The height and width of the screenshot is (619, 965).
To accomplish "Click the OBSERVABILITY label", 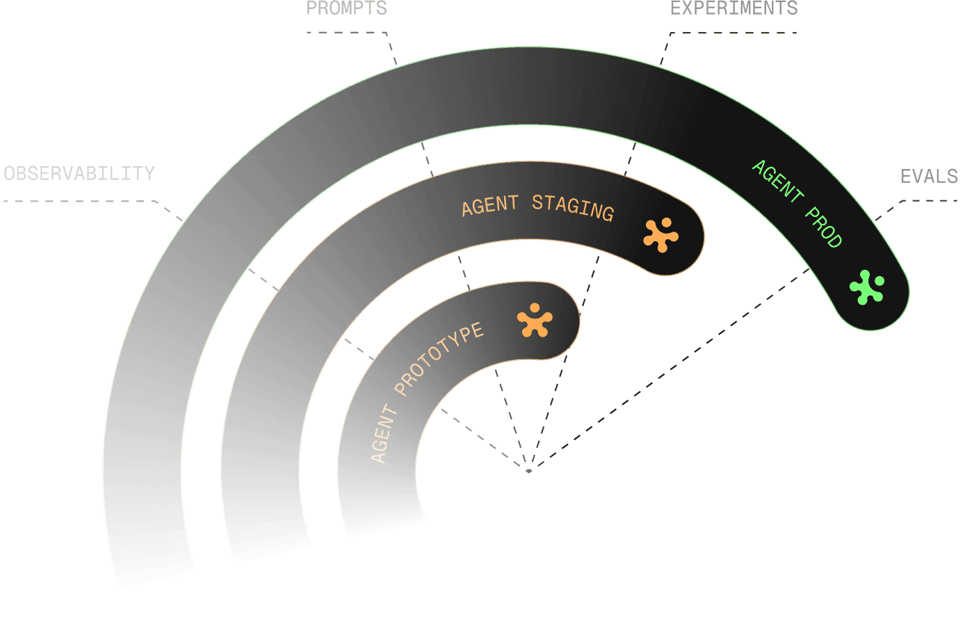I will click(x=79, y=173).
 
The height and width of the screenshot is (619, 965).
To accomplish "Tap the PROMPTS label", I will click(x=346, y=8).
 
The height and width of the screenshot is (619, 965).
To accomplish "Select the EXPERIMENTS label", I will click(x=733, y=8).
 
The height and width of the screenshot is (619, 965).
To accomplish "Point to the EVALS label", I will click(x=929, y=177).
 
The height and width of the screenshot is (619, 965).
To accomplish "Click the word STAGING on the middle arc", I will click(x=572, y=208).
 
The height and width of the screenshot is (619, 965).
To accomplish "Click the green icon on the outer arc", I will click(x=867, y=287).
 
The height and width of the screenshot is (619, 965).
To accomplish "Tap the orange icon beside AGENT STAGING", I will click(x=660, y=235).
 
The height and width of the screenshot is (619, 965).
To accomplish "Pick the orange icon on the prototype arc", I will click(x=535, y=320).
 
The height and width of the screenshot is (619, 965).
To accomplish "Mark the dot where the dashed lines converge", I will click(x=529, y=471).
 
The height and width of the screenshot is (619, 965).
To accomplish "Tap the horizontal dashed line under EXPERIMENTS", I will click(x=733, y=33).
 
